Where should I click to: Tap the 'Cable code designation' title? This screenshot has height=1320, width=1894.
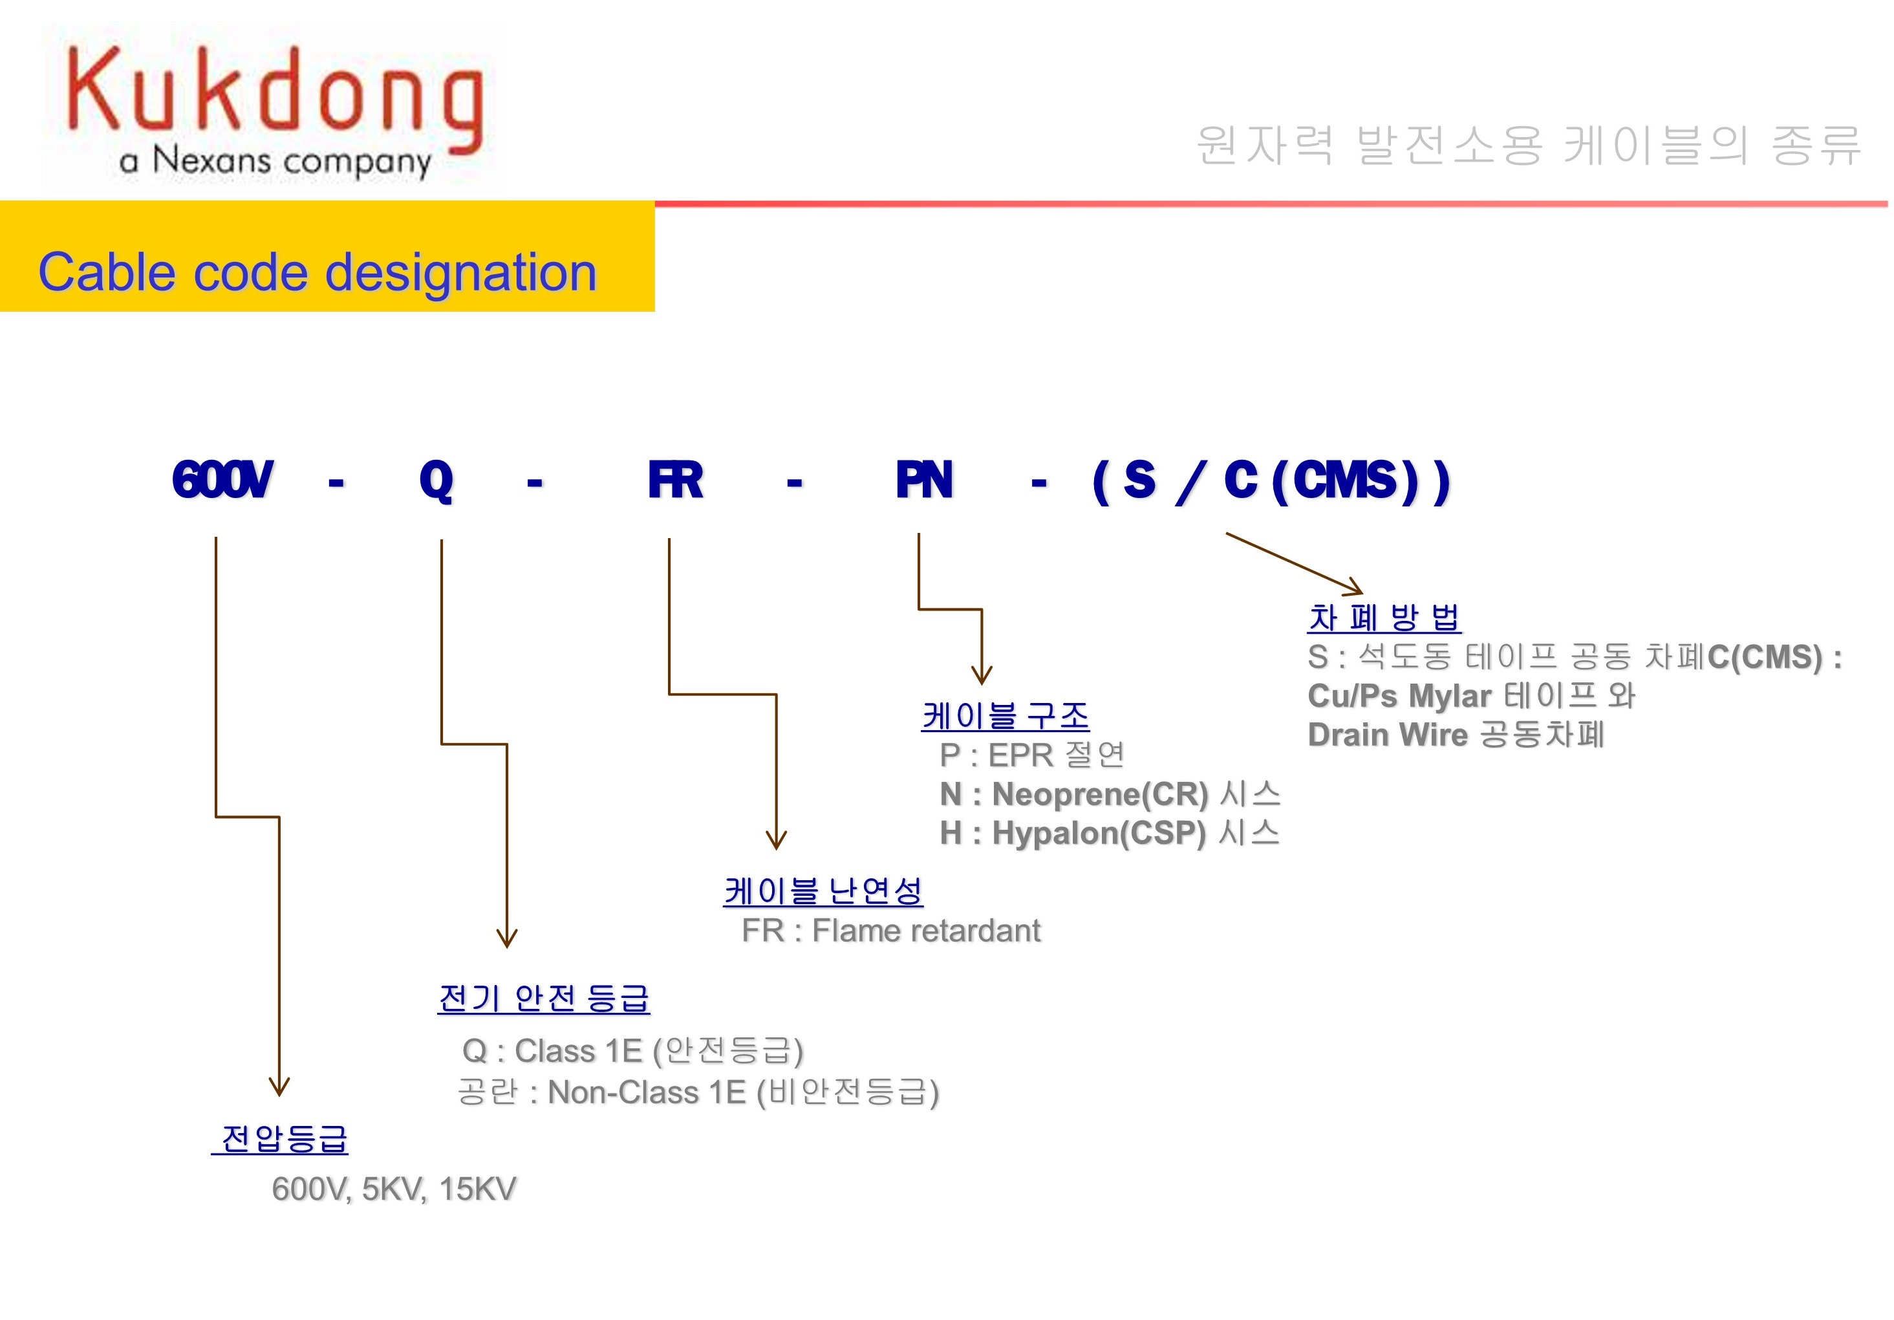317,272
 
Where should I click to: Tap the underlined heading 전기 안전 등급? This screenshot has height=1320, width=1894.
544,999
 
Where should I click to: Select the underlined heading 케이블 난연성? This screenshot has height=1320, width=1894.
823,891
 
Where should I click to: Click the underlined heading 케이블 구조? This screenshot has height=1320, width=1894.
1005,715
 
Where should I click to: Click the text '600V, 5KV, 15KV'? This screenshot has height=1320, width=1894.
394,1189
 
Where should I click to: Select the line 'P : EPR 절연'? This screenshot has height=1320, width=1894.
1031,754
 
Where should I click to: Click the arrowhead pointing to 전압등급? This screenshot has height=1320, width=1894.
279,1087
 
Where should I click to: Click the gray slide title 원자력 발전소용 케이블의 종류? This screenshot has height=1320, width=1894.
1528,146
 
